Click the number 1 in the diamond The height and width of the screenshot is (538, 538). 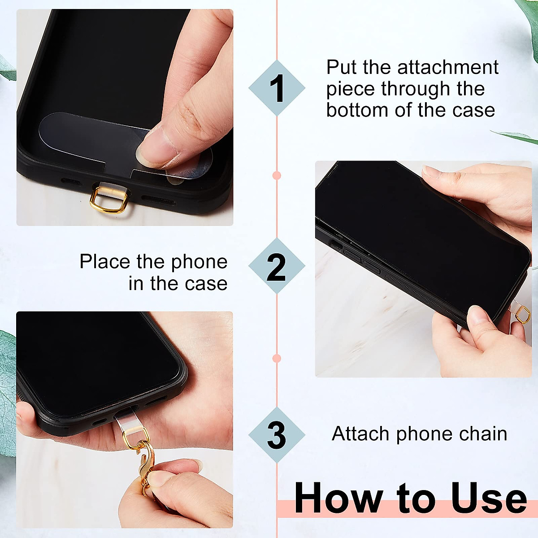coord(277,88)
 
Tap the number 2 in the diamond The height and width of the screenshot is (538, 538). coord(276,267)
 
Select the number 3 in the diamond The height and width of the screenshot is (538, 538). coord(276,435)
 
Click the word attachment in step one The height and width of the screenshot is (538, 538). coord(448,68)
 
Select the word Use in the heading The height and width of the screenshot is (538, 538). coord(489,498)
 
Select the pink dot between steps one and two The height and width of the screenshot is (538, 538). coord(277,175)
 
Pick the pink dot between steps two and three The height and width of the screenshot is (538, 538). coord(277,359)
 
